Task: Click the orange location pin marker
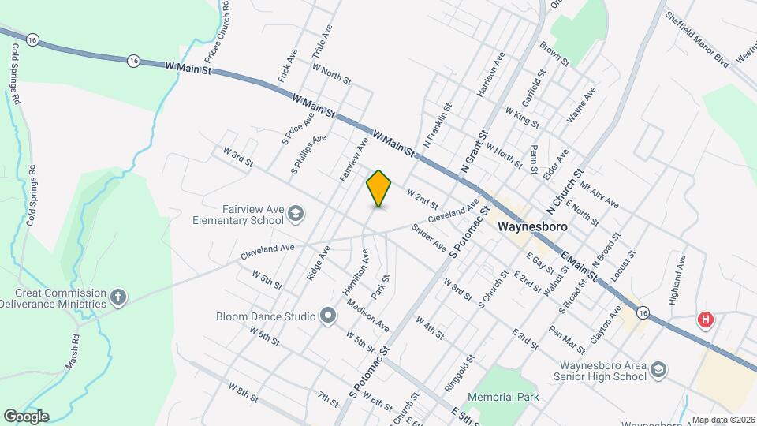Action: coord(379,189)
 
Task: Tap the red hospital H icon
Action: coord(706,320)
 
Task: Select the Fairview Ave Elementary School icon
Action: coord(295,213)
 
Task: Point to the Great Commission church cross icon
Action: coord(118,297)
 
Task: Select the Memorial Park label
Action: coord(505,397)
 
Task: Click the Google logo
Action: coord(26,416)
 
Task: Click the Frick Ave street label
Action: coord(286,69)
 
